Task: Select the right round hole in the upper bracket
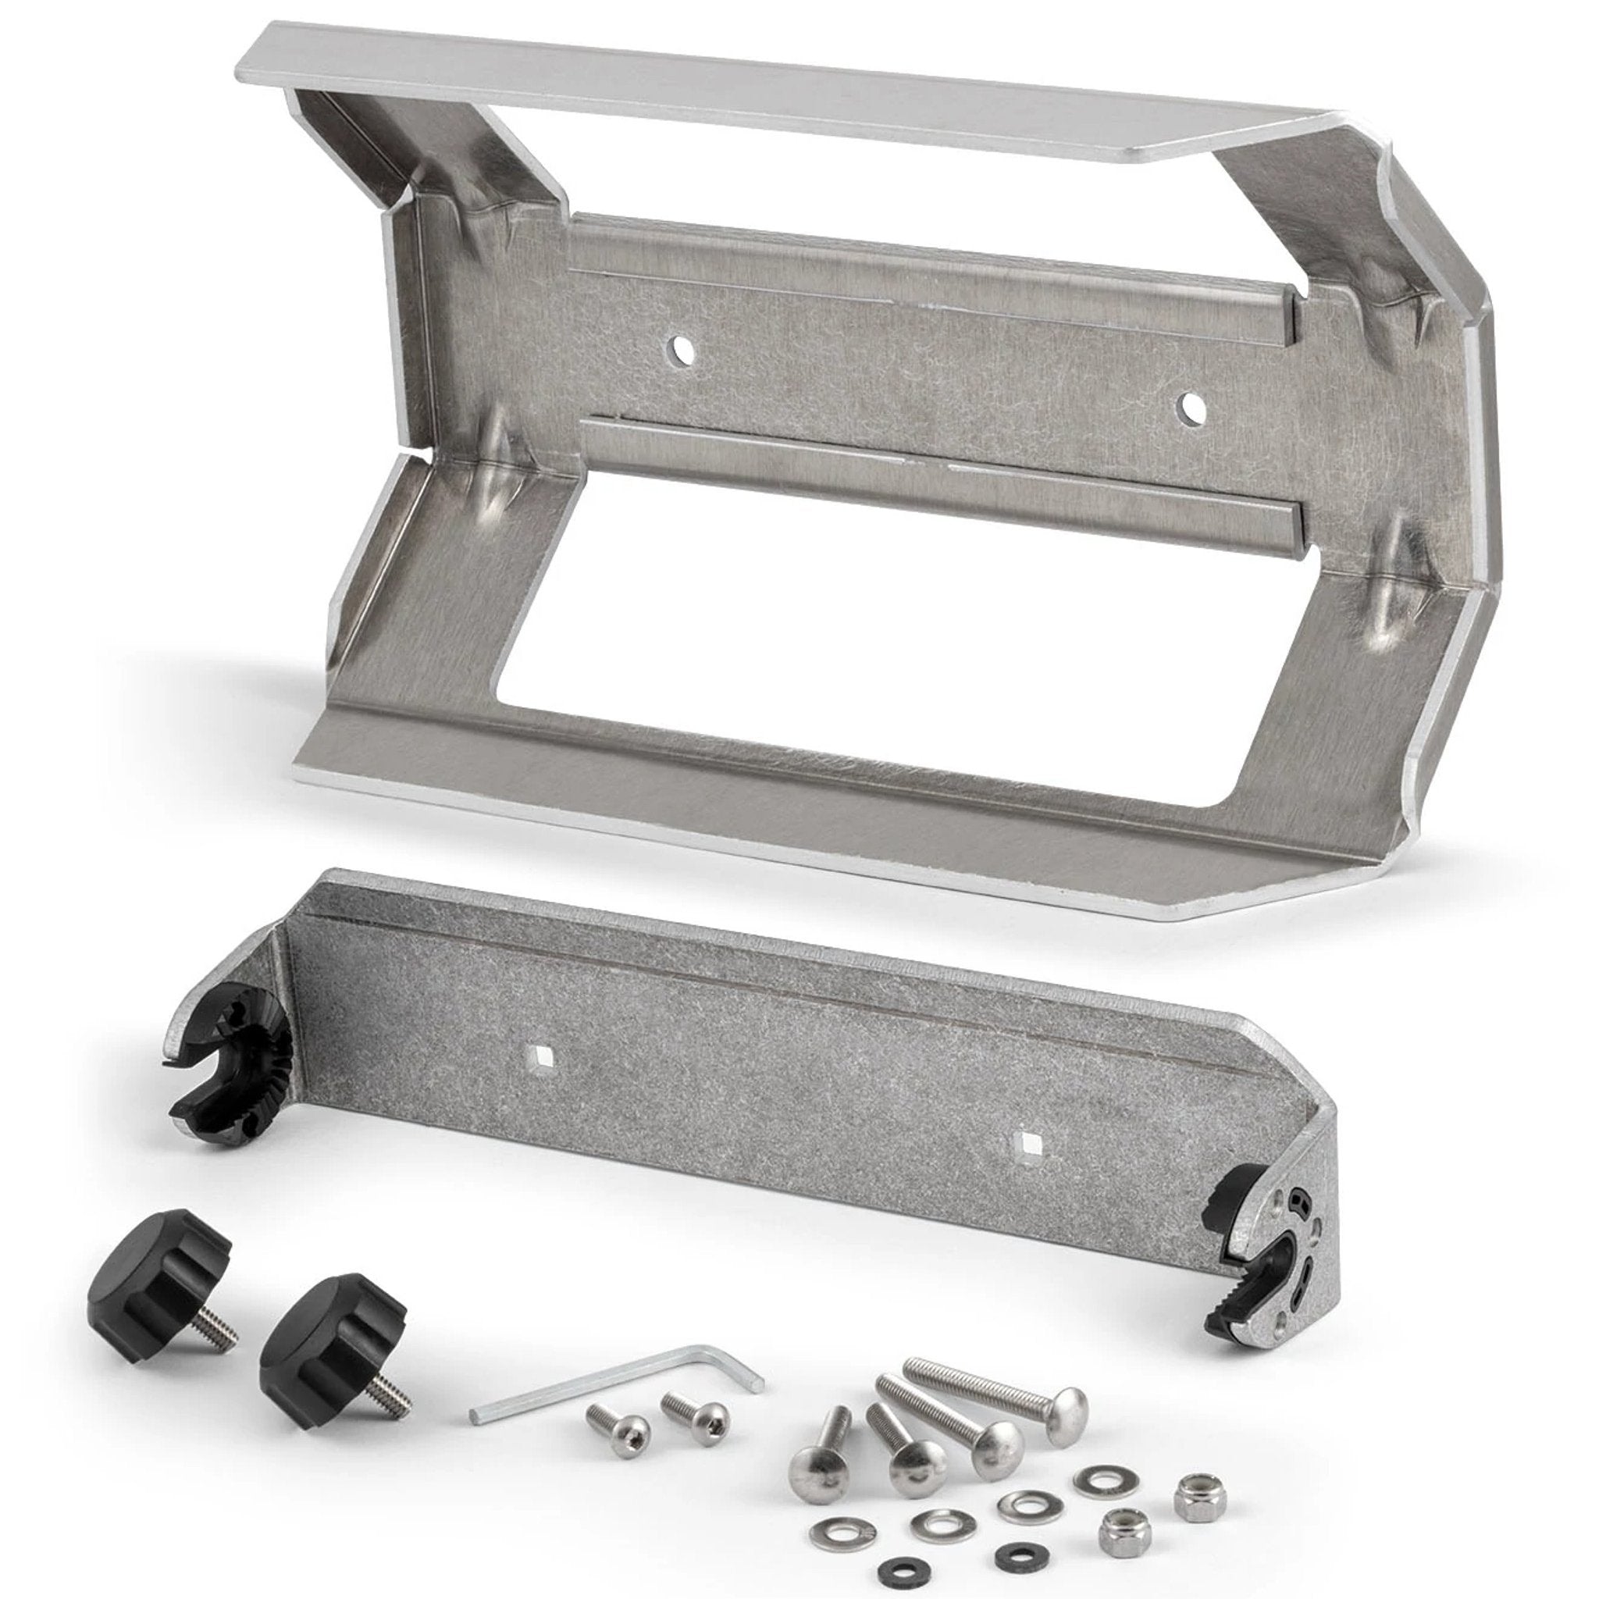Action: pos(1191,404)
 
